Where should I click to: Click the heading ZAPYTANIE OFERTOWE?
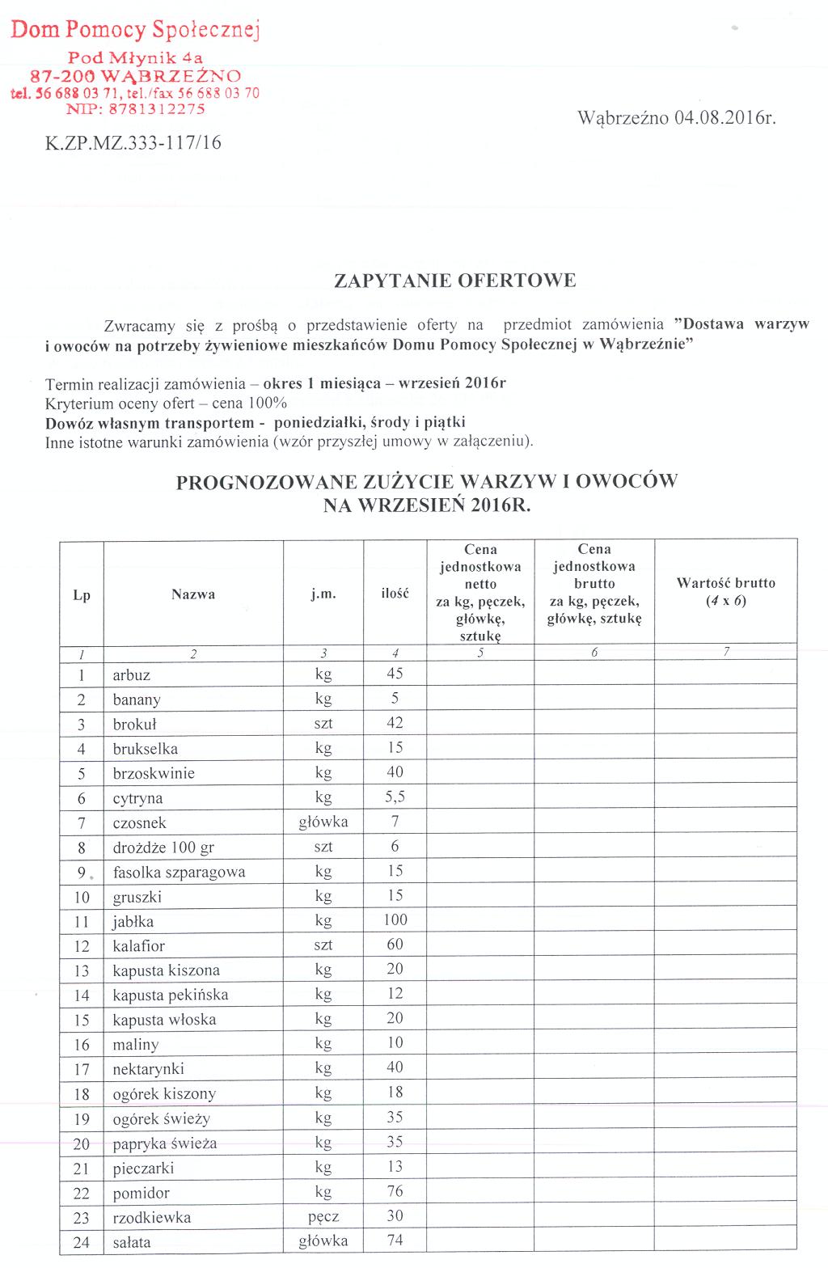coord(455,281)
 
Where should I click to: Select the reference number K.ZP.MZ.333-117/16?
coord(133,144)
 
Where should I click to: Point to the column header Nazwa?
coord(193,594)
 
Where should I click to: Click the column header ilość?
coord(395,594)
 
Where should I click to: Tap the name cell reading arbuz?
coord(132,675)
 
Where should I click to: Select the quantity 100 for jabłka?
coord(395,920)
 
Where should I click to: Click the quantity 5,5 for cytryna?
coord(395,797)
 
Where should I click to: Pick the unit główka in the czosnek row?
coord(323,822)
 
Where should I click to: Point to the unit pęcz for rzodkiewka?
coord(323,1217)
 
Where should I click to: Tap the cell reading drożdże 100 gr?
coord(163,847)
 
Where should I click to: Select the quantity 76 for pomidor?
coord(395,1192)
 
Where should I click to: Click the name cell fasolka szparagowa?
coord(179,873)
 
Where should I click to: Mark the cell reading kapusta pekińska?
coord(171,995)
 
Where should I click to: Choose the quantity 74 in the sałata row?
coord(395,1241)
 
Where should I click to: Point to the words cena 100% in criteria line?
coord(249,403)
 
